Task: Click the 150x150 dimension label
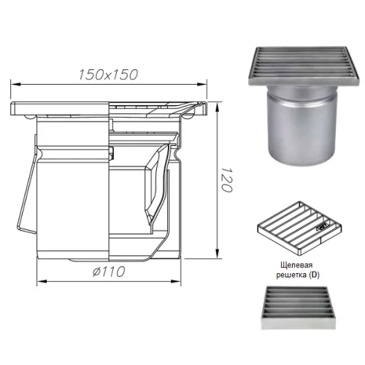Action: [108, 74]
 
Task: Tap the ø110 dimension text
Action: [109, 272]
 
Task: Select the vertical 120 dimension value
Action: [227, 180]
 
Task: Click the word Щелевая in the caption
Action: [296, 265]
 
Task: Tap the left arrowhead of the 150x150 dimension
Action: [15, 85]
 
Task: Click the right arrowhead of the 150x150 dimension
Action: [201, 85]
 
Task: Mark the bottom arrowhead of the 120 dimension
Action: [218, 253]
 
